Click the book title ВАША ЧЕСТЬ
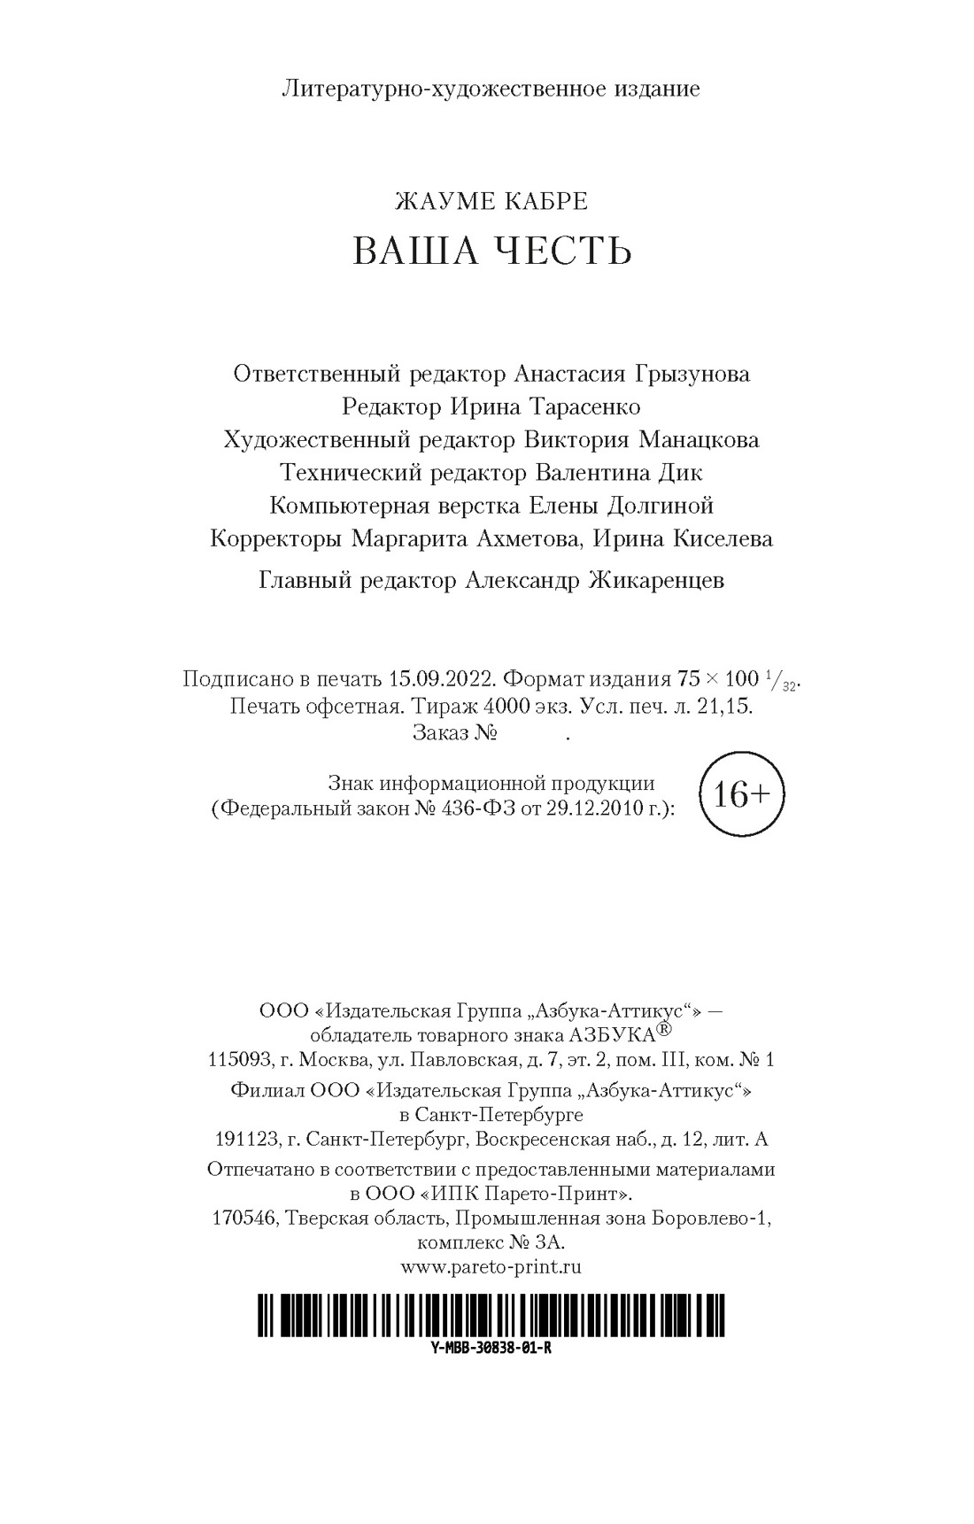click(x=491, y=251)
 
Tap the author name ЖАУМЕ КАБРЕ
click(x=491, y=201)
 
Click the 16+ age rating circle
click(x=740, y=795)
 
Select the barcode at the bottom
click(x=491, y=1314)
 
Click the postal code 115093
click(x=236, y=1059)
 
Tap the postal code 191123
click(x=243, y=1139)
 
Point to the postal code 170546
click(x=243, y=1218)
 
